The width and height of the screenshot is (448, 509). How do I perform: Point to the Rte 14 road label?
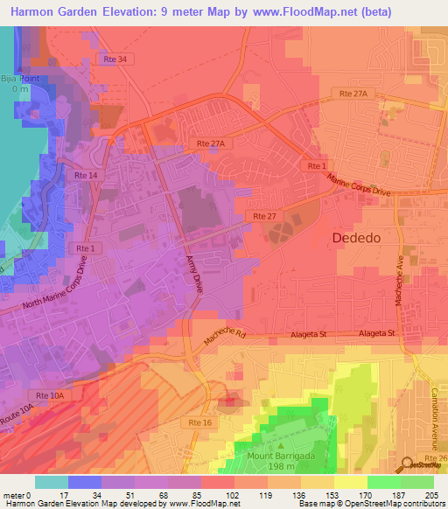click(87, 176)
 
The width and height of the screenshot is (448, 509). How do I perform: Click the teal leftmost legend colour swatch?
click(52, 482)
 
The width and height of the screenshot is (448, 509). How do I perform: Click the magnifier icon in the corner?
click(408, 464)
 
